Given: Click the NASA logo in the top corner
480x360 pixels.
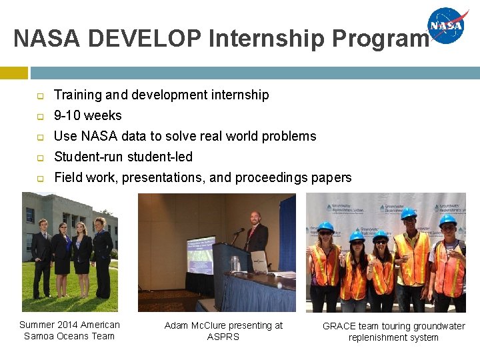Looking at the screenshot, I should point(448,26).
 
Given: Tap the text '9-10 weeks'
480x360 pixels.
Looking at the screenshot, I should point(87,115).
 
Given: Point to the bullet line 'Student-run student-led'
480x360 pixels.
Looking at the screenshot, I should point(123,157).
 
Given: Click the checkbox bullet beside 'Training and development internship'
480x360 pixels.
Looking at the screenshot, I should point(39,95).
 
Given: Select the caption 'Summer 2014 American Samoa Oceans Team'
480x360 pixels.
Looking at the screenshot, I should point(69,330).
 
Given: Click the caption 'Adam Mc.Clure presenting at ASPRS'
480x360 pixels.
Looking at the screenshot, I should point(223,331).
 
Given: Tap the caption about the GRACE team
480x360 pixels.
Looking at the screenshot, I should point(393,331).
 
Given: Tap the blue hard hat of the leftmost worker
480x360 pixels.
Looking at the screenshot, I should point(325,227).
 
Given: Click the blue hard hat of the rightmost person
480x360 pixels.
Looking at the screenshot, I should point(447,219).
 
